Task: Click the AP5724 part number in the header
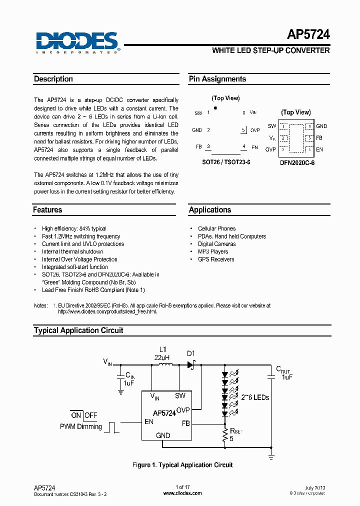point(308,34)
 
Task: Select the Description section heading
point(53,79)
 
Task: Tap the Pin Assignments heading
point(217,79)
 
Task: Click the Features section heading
point(48,210)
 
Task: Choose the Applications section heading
point(210,210)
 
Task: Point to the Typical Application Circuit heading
point(78,330)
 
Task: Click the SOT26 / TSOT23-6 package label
point(225,162)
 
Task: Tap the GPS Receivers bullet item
point(216,259)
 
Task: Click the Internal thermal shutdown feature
point(72,251)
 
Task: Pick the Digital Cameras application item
point(217,244)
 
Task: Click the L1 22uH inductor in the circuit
point(165,365)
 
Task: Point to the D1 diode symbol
point(191,365)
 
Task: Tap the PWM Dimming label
point(81,426)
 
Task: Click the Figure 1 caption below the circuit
point(182,465)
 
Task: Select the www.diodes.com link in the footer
point(182,493)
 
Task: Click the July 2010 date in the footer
point(314,487)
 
